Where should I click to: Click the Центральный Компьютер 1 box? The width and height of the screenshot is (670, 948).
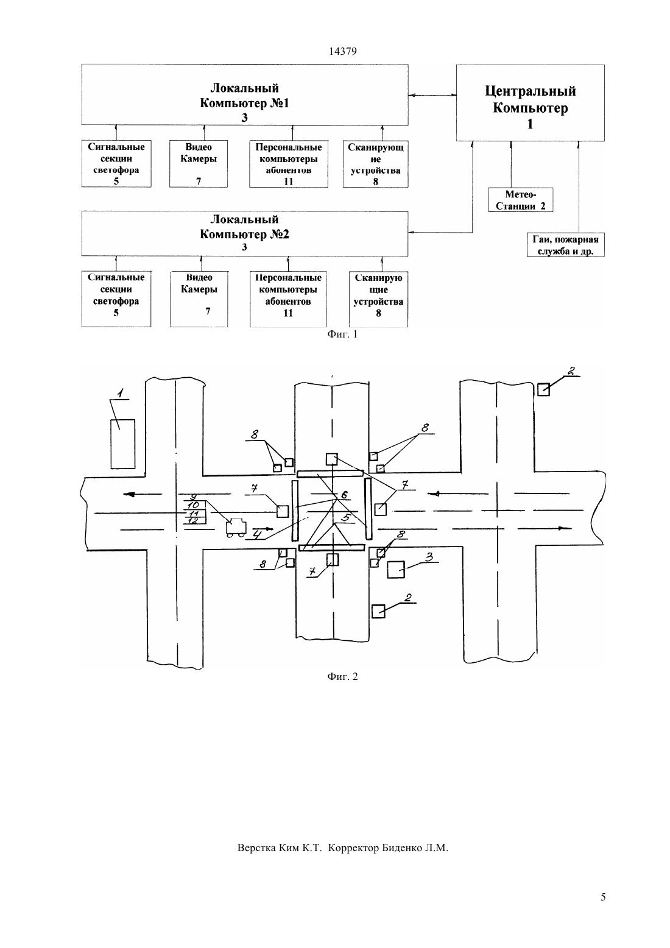pyautogui.click(x=530, y=103)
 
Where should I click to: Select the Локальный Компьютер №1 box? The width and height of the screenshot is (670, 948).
pyautogui.click(x=244, y=95)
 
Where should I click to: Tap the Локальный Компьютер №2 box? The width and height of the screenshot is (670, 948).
pyautogui.click(x=244, y=233)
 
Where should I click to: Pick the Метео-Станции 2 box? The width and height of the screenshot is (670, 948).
pyautogui.click(x=521, y=200)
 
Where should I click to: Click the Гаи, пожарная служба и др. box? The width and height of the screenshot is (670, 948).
pyautogui.click(x=565, y=245)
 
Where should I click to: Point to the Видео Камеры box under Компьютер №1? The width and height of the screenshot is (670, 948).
pyautogui.click(x=199, y=164)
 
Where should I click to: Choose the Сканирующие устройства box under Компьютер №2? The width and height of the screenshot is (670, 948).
pyautogui.click(x=379, y=299)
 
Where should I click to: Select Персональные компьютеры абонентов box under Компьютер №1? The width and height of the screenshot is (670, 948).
pyautogui.click(x=289, y=164)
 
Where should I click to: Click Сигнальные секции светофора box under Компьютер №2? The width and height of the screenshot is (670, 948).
pyautogui.click(x=116, y=299)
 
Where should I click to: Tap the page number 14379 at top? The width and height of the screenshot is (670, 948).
pyautogui.click(x=342, y=51)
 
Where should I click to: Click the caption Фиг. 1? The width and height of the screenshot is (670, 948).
pyautogui.click(x=342, y=334)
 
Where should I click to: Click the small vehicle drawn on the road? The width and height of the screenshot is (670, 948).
pyautogui.click(x=236, y=528)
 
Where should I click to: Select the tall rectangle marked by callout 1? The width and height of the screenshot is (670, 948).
pyautogui.click(x=122, y=444)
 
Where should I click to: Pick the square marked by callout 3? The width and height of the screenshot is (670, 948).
pyautogui.click(x=396, y=569)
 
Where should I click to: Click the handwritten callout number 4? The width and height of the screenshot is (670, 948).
pyautogui.click(x=257, y=534)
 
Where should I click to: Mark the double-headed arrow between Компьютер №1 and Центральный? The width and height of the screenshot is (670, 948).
pyautogui.click(x=432, y=95)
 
